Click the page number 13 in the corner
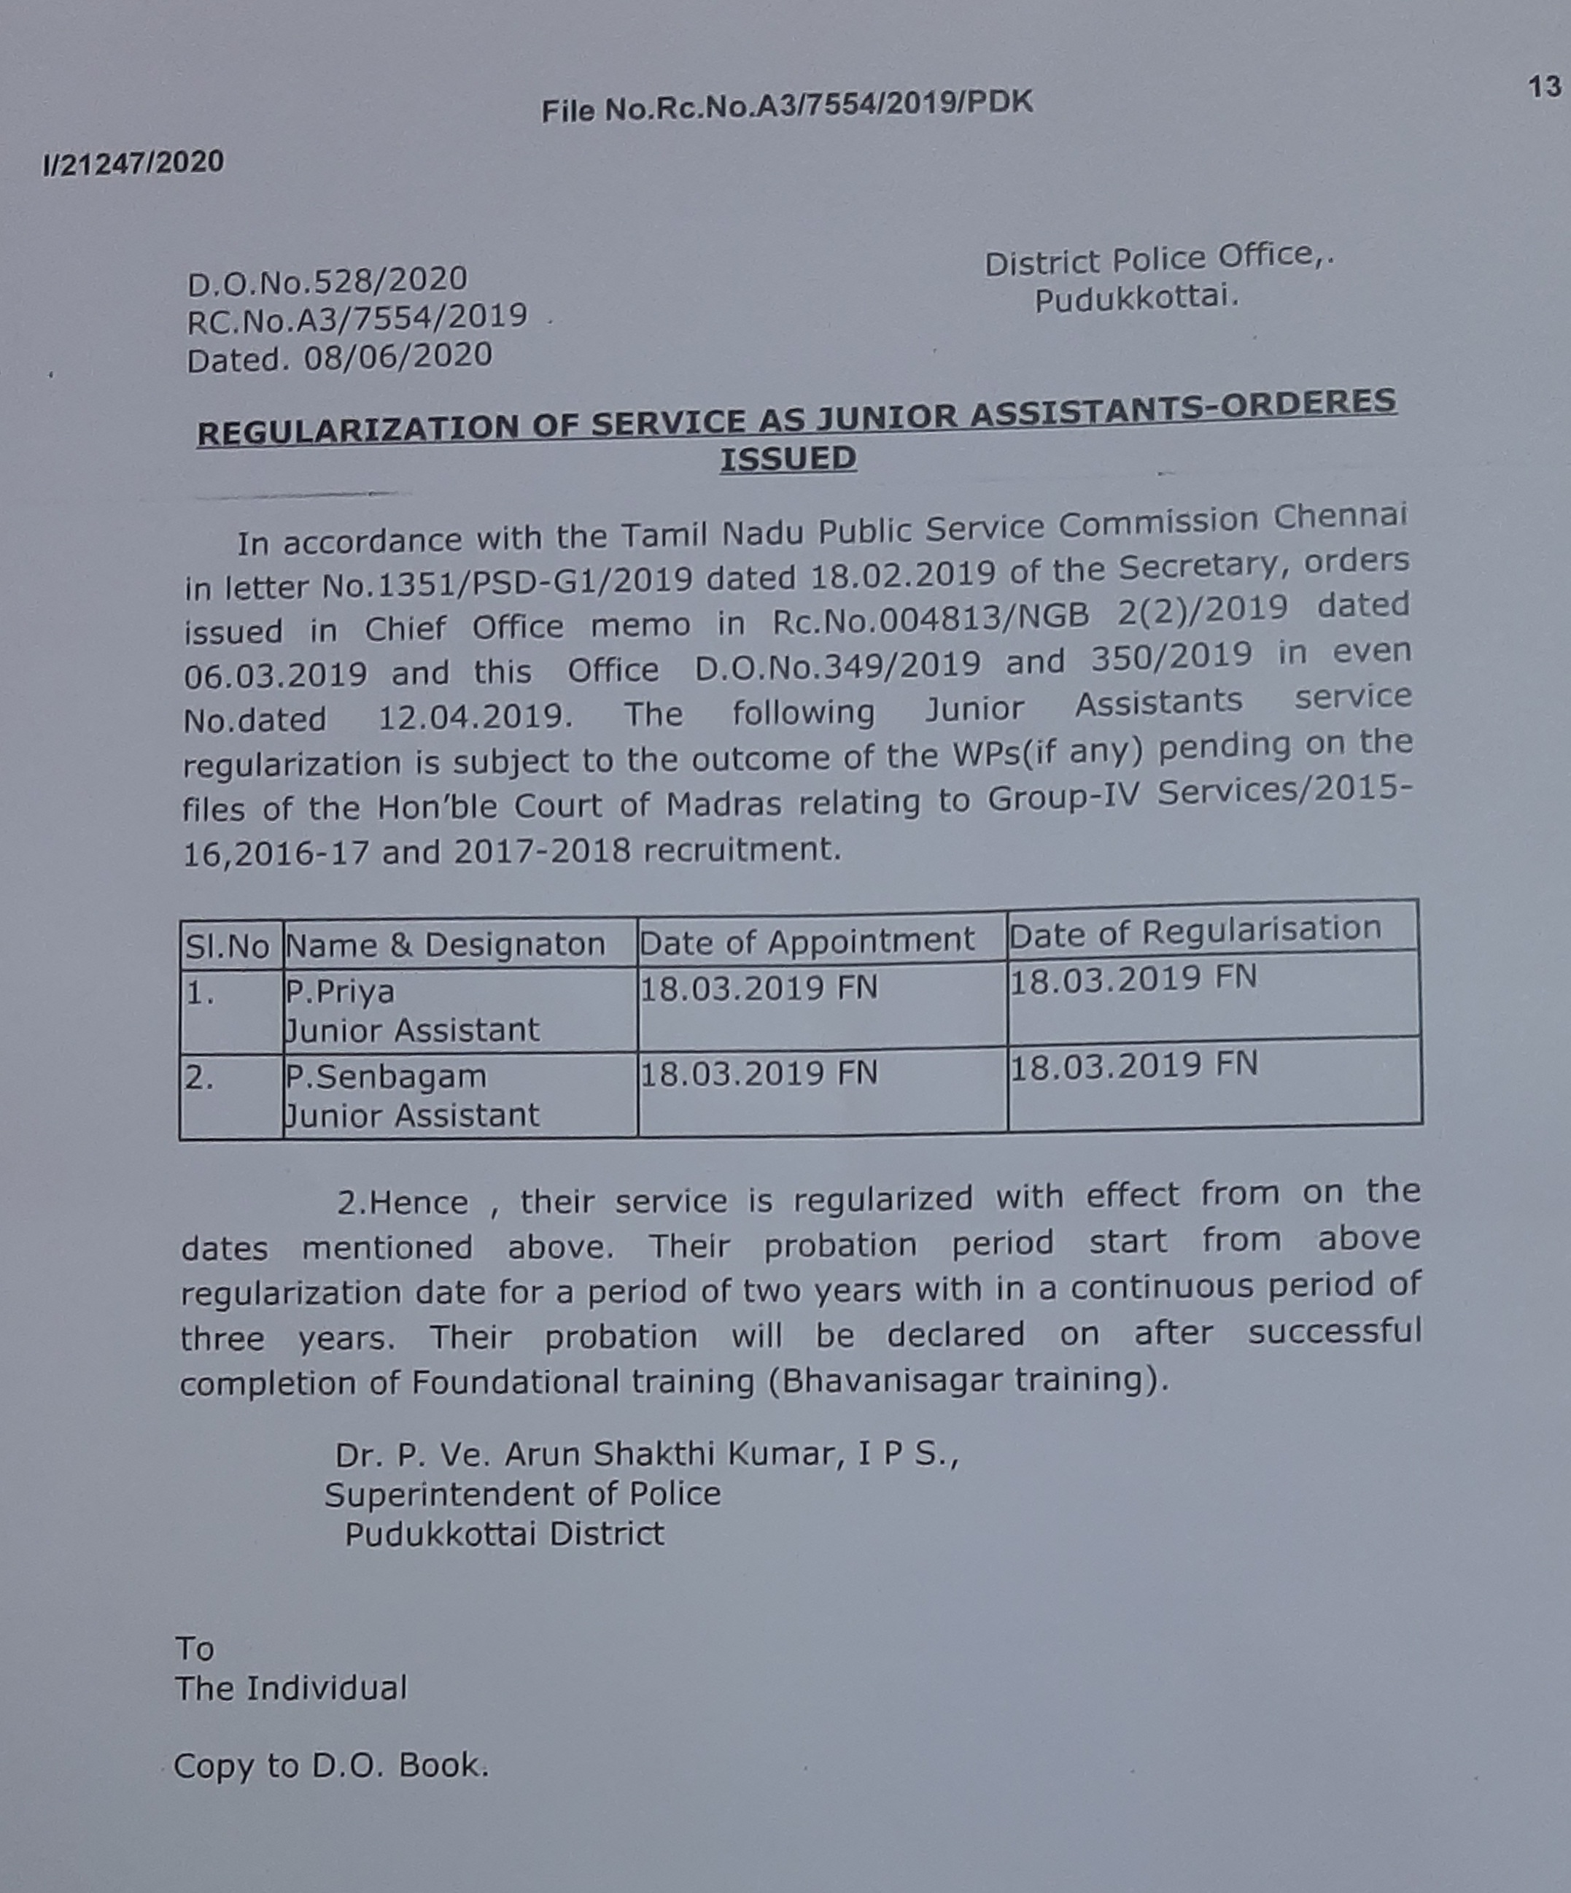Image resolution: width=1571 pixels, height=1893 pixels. [x=1544, y=88]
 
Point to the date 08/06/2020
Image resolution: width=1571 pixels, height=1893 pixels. [x=397, y=356]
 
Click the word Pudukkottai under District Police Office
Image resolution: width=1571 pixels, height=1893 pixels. [x=1136, y=298]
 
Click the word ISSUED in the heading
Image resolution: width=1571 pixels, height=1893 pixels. [x=788, y=459]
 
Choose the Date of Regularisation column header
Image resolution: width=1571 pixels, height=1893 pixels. [x=1195, y=931]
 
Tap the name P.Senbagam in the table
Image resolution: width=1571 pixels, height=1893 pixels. [x=386, y=1076]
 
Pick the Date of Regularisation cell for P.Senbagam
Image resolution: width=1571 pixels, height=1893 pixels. [x=1133, y=1067]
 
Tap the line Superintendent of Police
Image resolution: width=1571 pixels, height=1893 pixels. [x=523, y=1495]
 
